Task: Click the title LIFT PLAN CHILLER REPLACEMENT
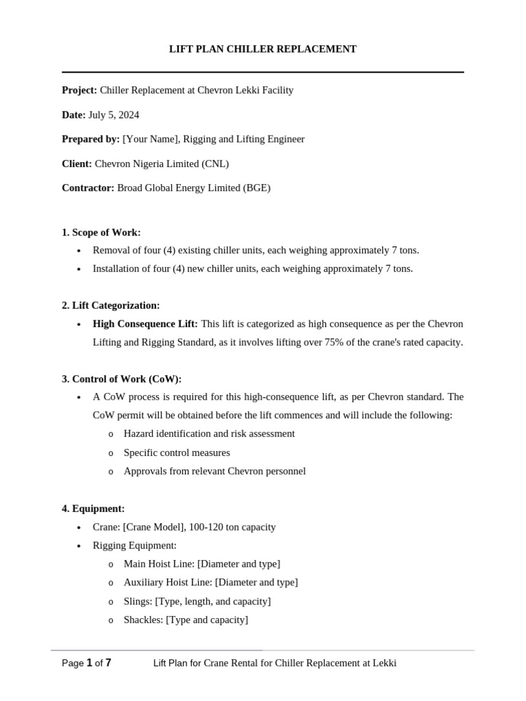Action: [x=263, y=49]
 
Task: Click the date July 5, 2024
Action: [x=114, y=115]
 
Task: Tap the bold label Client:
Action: [x=77, y=164]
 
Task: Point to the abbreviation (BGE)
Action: [x=256, y=188]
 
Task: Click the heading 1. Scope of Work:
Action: [x=101, y=232]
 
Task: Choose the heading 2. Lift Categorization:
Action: [x=111, y=305]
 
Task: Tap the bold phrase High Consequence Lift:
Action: [x=145, y=324]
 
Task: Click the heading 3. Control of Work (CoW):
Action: [x=122, y=379]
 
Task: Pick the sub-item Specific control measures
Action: [x=177, y=453]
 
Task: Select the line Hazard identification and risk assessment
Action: [x=209, y=434]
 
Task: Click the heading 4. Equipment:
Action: [x=93, y=509]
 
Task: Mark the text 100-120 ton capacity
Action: [x=235, y=527]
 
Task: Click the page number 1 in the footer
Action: [x=89, y=663]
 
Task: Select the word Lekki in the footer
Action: [x=384, y=663]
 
